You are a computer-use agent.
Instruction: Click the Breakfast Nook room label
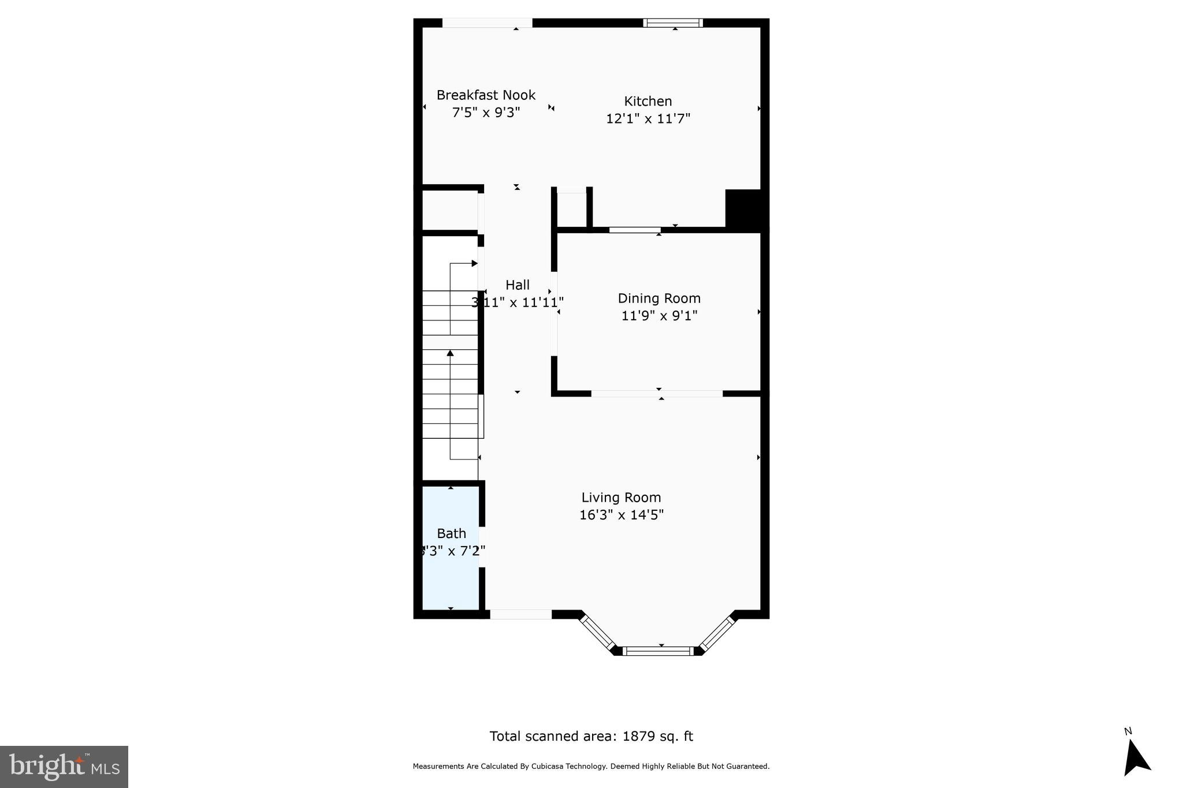point(486,95)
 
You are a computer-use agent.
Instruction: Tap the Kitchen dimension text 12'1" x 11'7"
point(648,119)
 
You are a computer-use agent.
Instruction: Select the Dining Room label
point(659,298)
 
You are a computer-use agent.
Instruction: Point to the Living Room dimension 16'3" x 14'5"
point(622,515)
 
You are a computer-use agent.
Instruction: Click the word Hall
point(518,285)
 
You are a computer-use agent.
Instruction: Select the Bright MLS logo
point(64,767)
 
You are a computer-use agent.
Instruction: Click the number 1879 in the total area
point(637,737)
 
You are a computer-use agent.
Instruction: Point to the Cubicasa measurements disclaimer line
point(591,767)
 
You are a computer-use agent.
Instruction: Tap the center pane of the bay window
point(658,651)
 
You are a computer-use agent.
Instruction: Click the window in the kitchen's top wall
point(673,23)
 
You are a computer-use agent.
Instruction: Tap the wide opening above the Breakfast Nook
point(487,23)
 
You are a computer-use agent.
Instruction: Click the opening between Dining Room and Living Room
point(657,394)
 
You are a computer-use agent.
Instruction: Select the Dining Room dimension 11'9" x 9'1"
point(659,316)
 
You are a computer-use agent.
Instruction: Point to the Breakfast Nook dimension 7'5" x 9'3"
point(486,113)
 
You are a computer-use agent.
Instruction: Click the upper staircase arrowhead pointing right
point(474,263)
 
